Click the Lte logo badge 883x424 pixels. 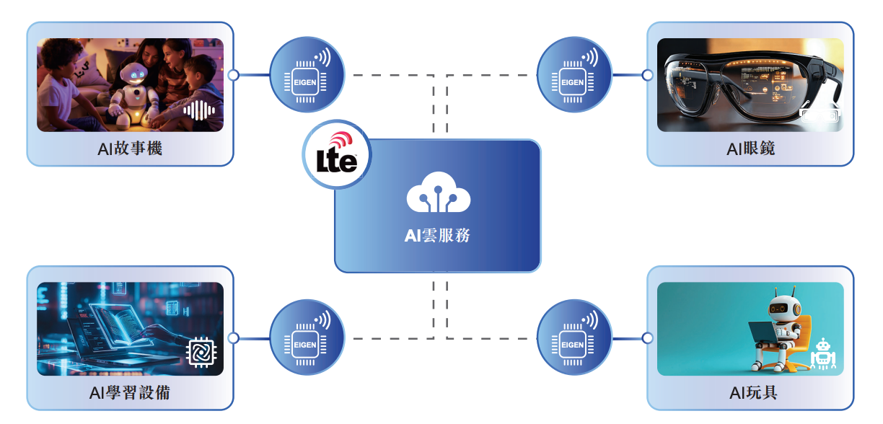point(336,154)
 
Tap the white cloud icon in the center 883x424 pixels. point(438,194)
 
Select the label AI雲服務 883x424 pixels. point(438,235)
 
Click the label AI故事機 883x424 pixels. point(131,149)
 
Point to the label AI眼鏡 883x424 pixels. point(751,149)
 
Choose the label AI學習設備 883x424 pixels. point(131,393)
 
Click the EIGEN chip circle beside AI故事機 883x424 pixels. point(306,74)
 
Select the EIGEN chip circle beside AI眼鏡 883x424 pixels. point(574,74)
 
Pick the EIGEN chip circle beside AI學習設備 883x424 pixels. point(306,337)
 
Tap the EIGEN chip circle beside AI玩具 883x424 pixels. point(574,337)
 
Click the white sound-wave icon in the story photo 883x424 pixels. point(200,111)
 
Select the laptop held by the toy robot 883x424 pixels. point(763,332)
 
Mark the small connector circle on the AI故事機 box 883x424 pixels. point(233,74)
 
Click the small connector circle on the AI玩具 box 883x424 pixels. point(647,337)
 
